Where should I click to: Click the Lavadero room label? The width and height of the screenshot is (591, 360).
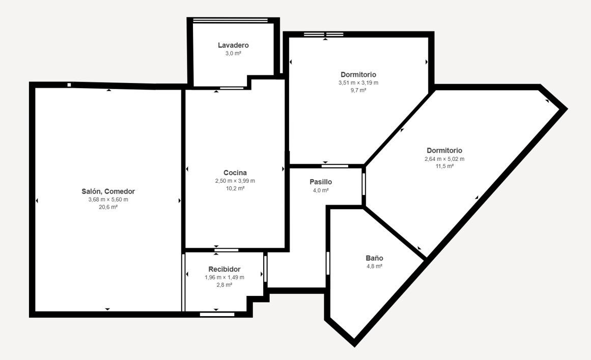[233, 45]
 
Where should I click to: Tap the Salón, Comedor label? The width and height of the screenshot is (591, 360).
[108, 191]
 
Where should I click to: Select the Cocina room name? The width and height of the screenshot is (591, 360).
[235, 173]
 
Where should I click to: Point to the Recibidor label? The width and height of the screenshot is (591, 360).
[224, 269]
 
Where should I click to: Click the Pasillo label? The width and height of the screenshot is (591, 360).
[321, 182]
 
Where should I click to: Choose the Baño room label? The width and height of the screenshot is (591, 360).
[374, 258]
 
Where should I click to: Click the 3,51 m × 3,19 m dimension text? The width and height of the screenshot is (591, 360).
[358, 82]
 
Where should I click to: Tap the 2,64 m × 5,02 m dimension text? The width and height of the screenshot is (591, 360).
[444, 159]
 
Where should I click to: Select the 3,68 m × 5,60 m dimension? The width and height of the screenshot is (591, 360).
[108, 200]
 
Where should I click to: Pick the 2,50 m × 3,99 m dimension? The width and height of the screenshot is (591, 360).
[235, 181]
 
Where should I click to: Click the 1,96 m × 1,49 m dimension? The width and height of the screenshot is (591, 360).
[224, 277]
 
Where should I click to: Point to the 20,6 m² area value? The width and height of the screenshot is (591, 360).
[108, 207]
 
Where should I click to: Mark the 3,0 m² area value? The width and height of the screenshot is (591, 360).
[233, 53]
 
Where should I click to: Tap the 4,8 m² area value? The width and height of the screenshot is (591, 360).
[374, 266]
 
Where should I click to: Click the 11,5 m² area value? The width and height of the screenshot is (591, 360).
[444, 166]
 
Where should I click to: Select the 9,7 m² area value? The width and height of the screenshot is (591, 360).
[358, 90]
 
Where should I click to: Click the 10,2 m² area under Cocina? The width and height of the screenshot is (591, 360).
[235, 188]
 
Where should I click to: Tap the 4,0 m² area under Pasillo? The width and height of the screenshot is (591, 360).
[321, 190]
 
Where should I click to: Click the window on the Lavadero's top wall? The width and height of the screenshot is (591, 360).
[230, 20]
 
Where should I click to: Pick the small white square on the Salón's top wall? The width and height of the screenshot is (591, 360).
[69, 85]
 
